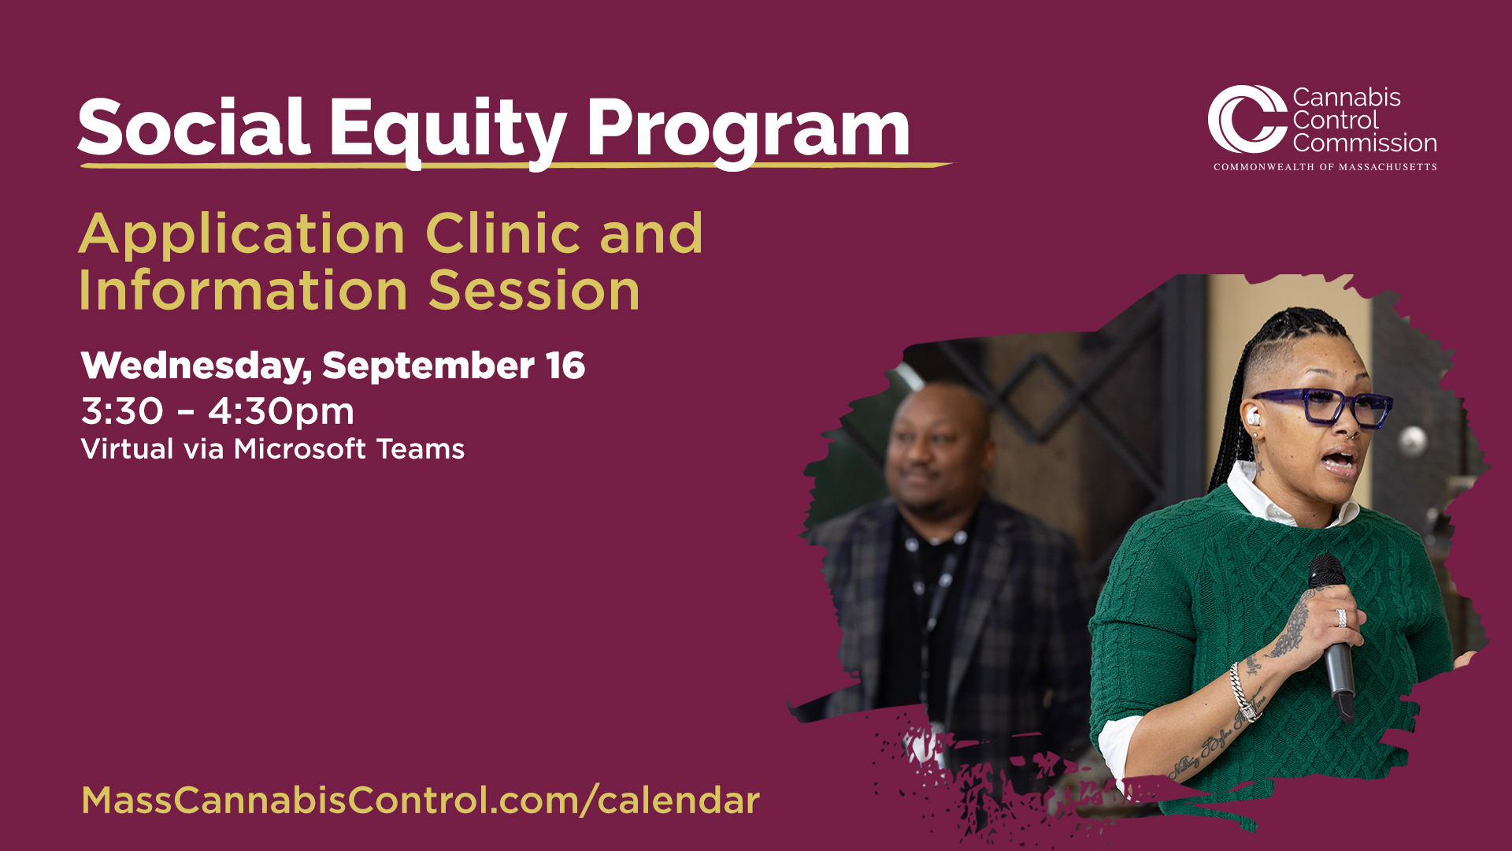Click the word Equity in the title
point(447,130)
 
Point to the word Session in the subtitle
point(534,291)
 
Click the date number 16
point(565,366)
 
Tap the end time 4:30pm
point(281,412)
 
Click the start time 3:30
point(122,411)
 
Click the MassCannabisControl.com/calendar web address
point(421,801)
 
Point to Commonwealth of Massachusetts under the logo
point(1325,167)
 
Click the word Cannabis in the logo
point(1347,98)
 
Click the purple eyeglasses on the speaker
point(1323,406)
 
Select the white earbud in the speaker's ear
point(1253,415)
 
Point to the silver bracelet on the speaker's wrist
point(1243,691)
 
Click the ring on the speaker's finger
point(1341,618)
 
